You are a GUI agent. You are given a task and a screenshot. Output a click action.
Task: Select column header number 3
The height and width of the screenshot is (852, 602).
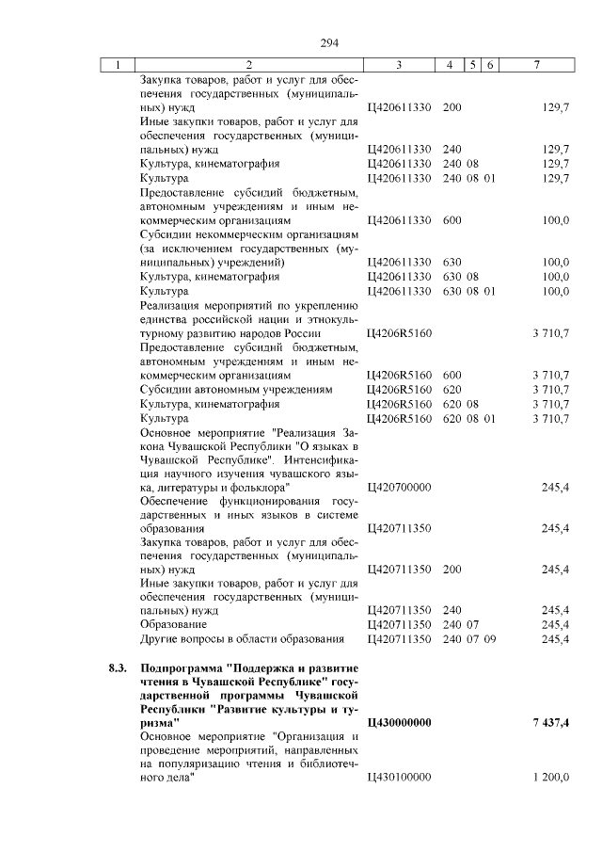pyautogui.click(x=400, y=65)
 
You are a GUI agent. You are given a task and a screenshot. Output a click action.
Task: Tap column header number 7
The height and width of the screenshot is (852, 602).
pyautogui.click(x=535, y=65)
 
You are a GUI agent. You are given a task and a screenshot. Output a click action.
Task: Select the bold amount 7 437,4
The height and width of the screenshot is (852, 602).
pyautogui.click(x=546, y=722)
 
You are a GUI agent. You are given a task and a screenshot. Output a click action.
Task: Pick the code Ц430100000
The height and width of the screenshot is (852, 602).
pyautogui.click(x=400, y=777)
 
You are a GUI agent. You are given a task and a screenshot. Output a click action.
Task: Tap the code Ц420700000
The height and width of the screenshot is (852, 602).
pyautogui.click(x=400, y=488)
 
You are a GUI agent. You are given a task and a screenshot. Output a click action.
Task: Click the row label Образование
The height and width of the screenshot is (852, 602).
pyautogui.click(x=169, y=624)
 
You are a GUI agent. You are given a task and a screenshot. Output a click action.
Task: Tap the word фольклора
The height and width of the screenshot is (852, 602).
pyautogui.click(x=254, y=488)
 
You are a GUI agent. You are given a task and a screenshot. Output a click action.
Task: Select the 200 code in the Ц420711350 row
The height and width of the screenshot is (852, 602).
pyautogui.click(x=451, y=570)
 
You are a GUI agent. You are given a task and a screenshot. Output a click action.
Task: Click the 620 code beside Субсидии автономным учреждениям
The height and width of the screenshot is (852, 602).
pyautogui.click(x=451, y=389)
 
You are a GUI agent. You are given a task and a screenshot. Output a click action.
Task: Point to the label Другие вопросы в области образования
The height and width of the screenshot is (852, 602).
pyautogui.click(x=242, y=639)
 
